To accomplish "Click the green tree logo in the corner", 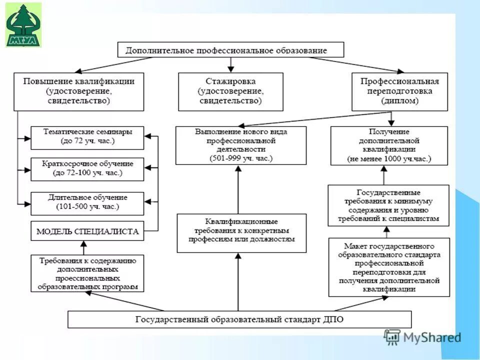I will (x=23, y=24).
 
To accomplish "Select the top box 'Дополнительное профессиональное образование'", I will (x=230, y=50).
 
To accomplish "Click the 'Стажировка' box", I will (x=230, y=91).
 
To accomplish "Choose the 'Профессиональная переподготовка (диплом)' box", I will (x=399, y=91).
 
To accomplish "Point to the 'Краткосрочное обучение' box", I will (x=87, y=169).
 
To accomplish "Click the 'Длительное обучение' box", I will (x=87, y=202).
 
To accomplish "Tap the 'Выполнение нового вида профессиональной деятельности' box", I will (x=240, y=145).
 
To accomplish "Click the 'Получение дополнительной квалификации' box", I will (x=389, y=145).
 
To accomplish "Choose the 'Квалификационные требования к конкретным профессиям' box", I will (x=241, y=232).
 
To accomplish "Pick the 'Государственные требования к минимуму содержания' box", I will (x=388, y=205).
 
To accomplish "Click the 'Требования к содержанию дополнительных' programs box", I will (x=87, y=273).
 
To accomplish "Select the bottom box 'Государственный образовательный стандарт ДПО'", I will (x=239, y=319).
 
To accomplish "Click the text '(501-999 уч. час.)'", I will (x=240, y=158).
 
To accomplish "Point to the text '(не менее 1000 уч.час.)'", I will (x=389, y=159).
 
